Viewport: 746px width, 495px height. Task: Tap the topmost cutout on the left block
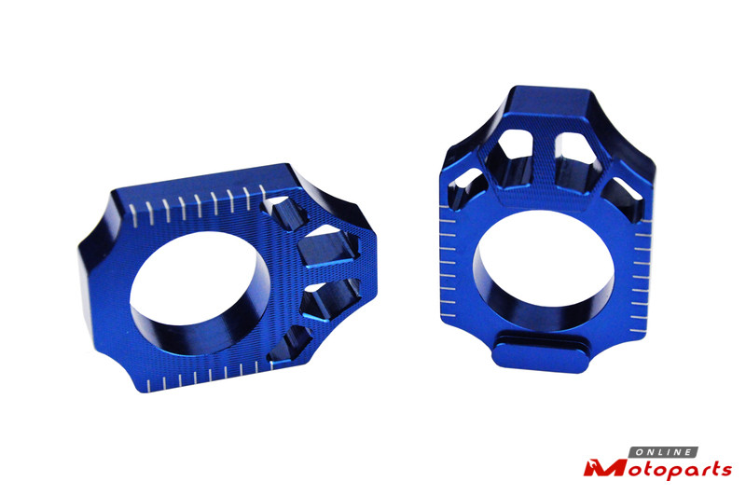tap(283, 212)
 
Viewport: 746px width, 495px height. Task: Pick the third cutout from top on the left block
tap(331, 297)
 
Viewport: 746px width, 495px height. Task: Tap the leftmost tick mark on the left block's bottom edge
tap(148, 386)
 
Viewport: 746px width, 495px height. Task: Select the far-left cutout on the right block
tap(466, 186)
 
